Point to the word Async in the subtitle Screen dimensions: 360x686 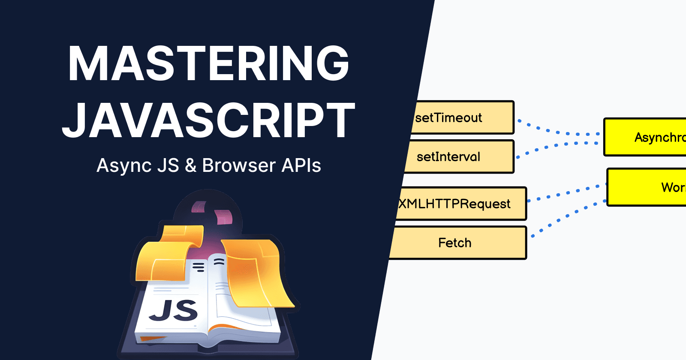pos(124,166)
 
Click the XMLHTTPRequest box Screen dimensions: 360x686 pos(461,204)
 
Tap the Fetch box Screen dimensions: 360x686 pos(457,243)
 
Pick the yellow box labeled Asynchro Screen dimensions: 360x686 pos(646,137)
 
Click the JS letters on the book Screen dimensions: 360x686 pos(174,311)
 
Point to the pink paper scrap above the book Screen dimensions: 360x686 pos(223,216)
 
